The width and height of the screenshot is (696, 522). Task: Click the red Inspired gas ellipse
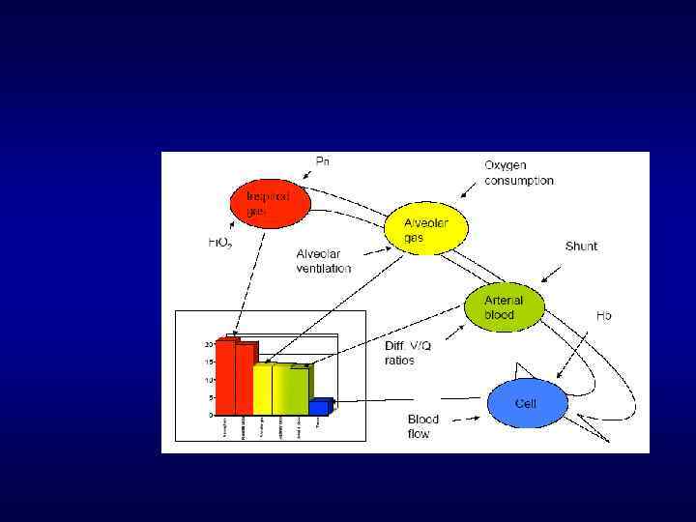click(x=270, y=203)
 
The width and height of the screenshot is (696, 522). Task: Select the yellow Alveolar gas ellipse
click(x=426, y=230)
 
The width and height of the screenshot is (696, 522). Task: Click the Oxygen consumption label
click(x=519, y=173)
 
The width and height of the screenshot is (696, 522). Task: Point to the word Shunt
click(x=581, y=246)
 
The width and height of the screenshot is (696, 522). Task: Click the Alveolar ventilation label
click(x=324, y=261)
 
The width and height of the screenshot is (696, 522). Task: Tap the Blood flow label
click(x=422, y=426)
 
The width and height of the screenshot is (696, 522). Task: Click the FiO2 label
click(x=220, y=243)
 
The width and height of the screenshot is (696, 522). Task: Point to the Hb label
click(x=603, y=316)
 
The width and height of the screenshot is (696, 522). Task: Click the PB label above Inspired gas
click(x=323, y=160)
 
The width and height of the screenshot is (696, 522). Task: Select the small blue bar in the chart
click(x=320, y=407)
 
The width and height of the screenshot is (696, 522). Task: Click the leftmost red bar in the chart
click(x=225, y=377)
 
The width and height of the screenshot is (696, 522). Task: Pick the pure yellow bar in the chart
click(x=262, y=389)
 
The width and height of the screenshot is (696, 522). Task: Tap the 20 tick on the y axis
click(x=208, y=344)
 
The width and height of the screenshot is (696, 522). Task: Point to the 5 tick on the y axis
click(x=210, y=397)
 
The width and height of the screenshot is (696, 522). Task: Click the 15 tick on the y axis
click(x=208, y=362)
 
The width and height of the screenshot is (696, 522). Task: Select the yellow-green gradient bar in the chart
click(x=290, y=390)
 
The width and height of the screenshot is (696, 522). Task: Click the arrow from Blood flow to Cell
click(x=463, y=418)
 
